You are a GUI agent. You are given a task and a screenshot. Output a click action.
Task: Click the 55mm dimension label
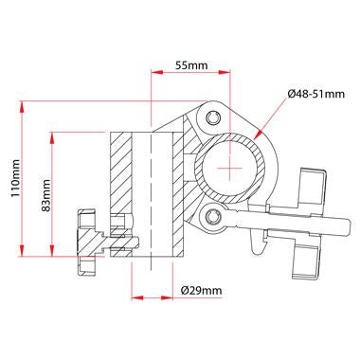coord(192,67)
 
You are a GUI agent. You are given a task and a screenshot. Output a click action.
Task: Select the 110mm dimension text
coord(16,177)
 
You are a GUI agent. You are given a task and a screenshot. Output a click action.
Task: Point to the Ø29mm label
coord(201,290)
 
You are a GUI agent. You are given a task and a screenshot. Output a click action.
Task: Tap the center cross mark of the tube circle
coord(230,167)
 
